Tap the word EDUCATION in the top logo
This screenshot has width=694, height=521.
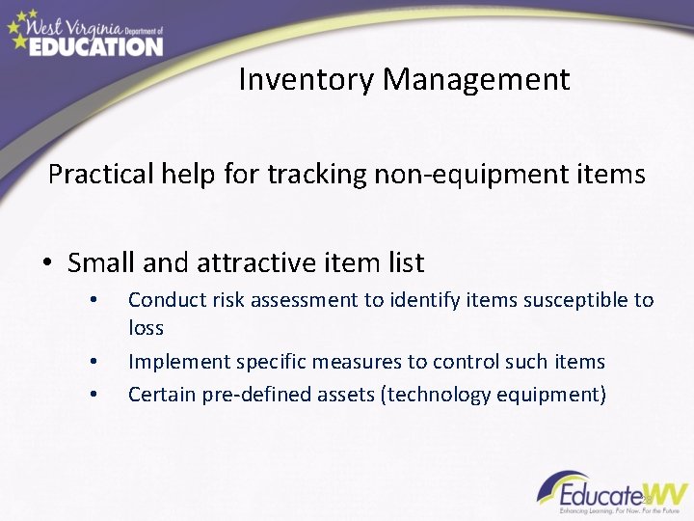pos(95,45)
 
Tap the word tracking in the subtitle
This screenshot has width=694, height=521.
pos(309,175)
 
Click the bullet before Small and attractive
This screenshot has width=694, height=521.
pos(48,263)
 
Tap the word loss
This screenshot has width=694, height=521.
pos(146,328)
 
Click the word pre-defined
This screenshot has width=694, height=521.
pos(254,394)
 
